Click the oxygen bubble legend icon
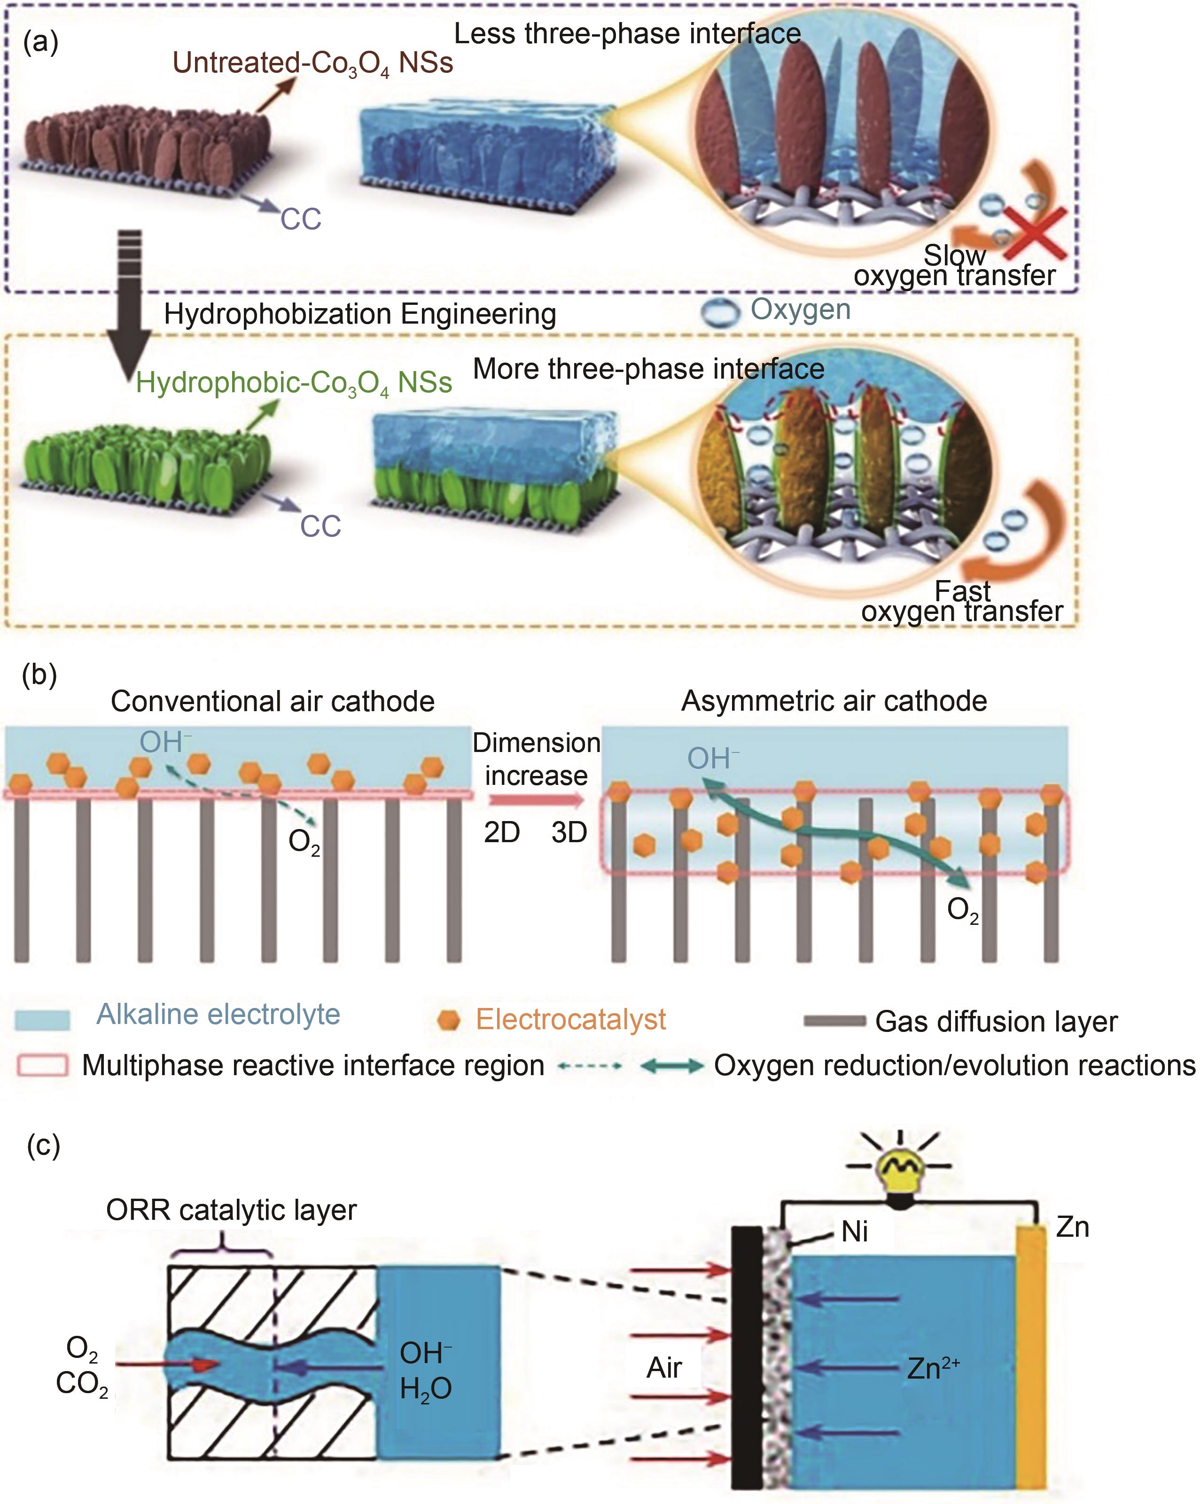click(719, 312)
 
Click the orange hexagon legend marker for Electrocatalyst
click(449, 1020)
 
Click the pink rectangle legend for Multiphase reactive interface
click(42, 1065)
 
